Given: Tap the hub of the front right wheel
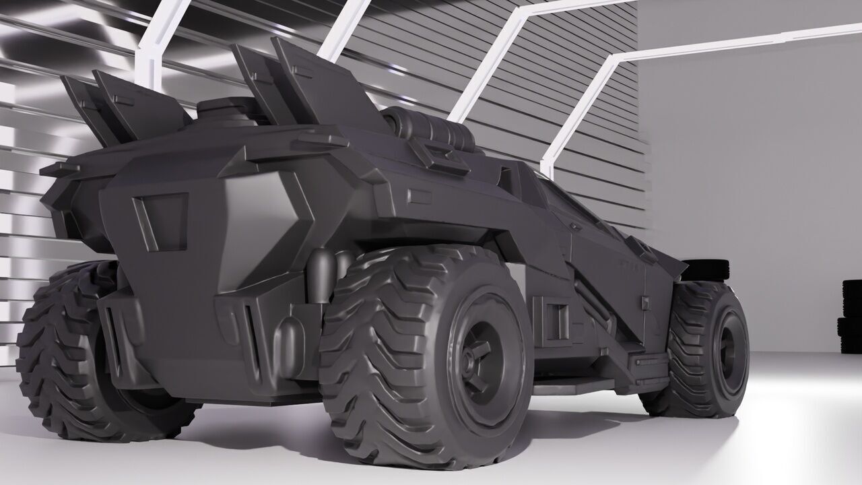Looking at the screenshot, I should click(x=727, y=346).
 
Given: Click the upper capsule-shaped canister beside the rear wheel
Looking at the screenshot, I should click(x=322, y=273).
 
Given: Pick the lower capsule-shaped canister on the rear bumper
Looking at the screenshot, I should click(x=291, y=347).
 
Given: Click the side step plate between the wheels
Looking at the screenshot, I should click(x=572, y=384).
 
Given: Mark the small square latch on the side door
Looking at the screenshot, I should click(x=644, y=302).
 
